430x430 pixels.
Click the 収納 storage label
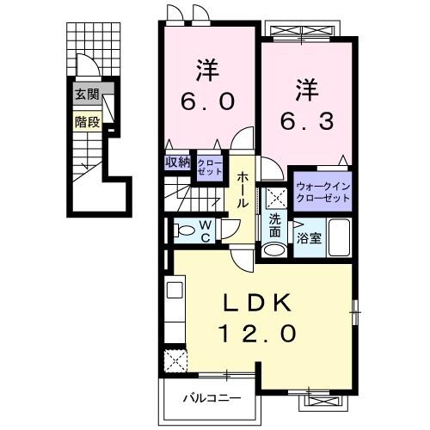click(178, 161)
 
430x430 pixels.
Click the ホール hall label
click(243, 187)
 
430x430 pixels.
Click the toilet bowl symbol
click(181, 230)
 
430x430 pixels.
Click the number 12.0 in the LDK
click(261, 330)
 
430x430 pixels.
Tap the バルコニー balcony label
click(211, 398)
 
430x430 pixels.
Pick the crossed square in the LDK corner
click(175, 359)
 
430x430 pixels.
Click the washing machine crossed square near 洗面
click(274, 197)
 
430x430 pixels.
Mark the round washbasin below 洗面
click(273, 250)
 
